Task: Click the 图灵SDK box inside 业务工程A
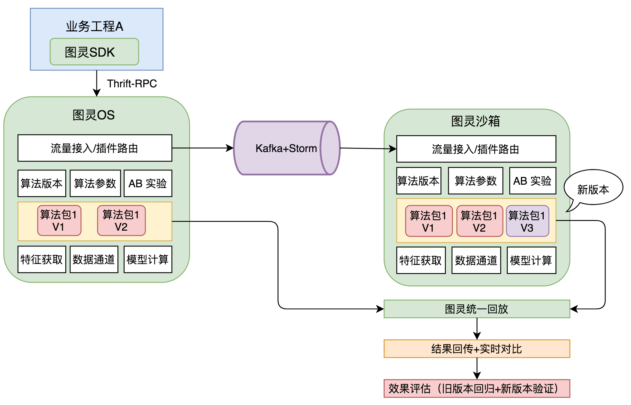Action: pos(94,52)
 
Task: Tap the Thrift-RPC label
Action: pos(132,83)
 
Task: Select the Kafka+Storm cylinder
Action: pos(286,148)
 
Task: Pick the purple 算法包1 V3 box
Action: pos(527,221)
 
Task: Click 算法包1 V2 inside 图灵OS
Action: pos(121,221)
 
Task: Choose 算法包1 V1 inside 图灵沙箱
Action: pos(428,221)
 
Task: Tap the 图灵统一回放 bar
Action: pos(476,309)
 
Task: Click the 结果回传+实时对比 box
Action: pos(476,349)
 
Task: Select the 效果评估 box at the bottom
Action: pos(476,389)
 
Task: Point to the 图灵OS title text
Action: pos(94,115)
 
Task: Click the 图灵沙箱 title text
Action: pos(476,121)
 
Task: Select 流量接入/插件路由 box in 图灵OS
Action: pos(94,148)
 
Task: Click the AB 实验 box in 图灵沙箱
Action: pos(532,181)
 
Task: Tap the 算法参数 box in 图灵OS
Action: pos(95,183)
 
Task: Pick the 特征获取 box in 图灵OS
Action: pos(42,259)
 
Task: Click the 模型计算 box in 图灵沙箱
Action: pos(531,260)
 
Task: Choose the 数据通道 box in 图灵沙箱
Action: pos(476,260)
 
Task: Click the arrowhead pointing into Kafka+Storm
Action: pos(230,148)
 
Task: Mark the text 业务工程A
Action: pos(94,27)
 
